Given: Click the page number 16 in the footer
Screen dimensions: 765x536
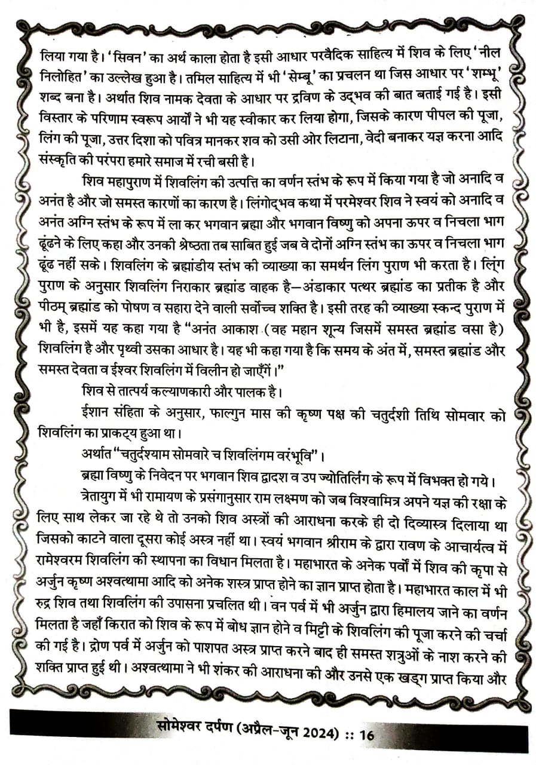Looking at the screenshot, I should click(x=366, y=733).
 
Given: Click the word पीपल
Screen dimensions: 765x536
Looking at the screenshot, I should click(x=442, y=114).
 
